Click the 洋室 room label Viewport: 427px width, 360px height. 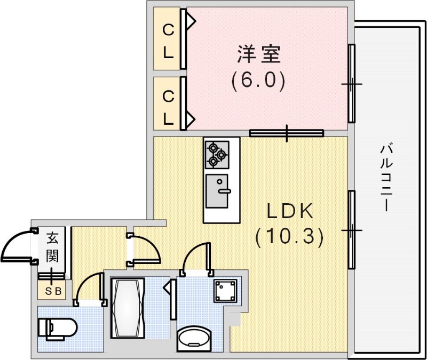259,55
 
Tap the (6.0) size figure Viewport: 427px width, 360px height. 259,81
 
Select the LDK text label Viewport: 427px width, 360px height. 289,212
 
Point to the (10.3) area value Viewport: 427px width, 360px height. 289,236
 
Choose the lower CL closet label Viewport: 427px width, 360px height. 168,107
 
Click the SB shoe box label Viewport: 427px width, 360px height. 52,291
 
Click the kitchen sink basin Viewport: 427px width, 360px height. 217,190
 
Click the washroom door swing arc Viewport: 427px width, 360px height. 194,258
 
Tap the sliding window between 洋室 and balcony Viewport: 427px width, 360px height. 352,84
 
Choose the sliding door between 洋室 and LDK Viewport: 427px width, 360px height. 287,133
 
